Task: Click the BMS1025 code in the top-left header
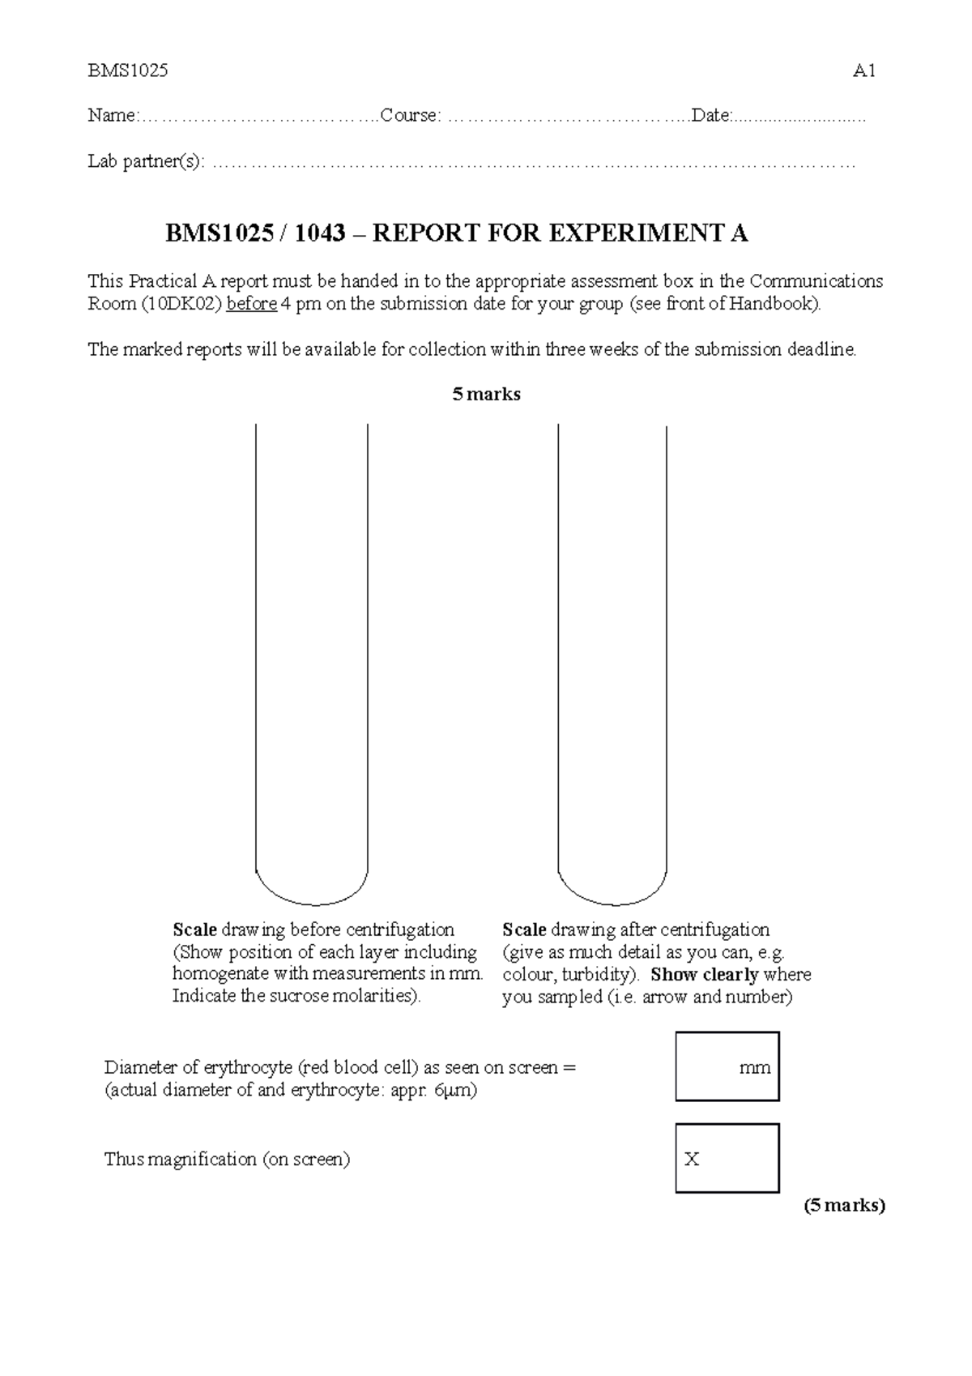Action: pyautogui.click(x=128, y=71)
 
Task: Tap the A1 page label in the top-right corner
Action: pyautogui.click(x=864, y=71)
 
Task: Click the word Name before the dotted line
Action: pyautogui.click(x=111, y=116)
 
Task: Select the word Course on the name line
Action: pyautogui.click(x=409, y=116)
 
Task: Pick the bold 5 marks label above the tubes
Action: pyautogui.click(x=486, y=395)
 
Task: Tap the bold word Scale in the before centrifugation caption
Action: pyautogui.click(x=194, y=929)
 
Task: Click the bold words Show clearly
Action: pyautogui.click(x=704, y=975)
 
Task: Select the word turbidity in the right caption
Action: pyautogui.click(x=595, y=975)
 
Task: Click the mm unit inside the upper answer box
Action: pyautogui.click(x=754, y=1068)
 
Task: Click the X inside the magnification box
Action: pyautogui.click(x=692, y=1160)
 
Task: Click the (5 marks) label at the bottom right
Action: pyautogui.click(x=844, y=1205)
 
